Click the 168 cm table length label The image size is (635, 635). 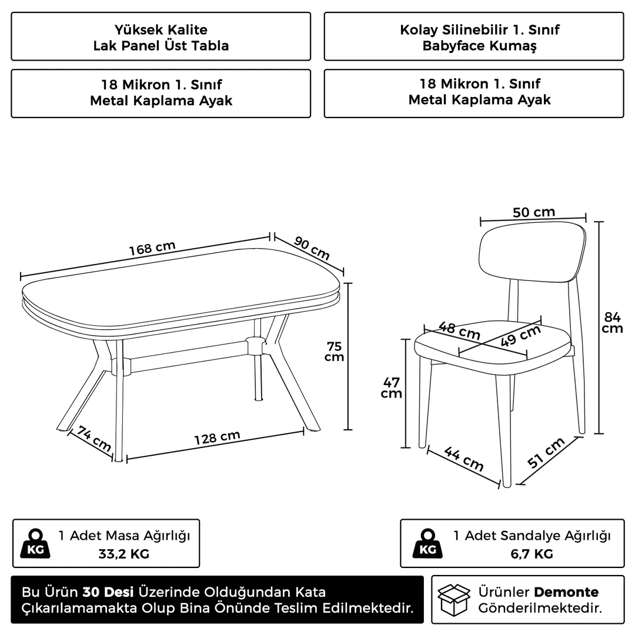[x=152, y=248]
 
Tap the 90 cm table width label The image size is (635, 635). [x=312, y=248]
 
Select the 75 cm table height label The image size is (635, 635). [x=334, y=352]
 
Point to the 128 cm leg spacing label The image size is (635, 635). [x=217, y=437]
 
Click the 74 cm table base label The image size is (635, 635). [x=94, y=439]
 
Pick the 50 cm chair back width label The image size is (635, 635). [x=534, y=212]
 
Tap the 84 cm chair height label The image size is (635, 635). [x=612, y=322]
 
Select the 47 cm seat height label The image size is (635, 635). [x=391, y=387]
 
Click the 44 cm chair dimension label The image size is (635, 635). [x=464, y=459]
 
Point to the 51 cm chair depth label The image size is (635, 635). [x=546, y=452]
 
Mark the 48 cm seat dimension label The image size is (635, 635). [x=459, y=330]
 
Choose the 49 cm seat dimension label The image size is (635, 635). [x=521, y=336]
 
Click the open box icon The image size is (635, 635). [x=454, y=600]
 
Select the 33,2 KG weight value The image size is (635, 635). [x=124, y=554]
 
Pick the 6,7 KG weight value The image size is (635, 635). [x=532, y=554]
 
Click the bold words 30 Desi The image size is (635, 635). [x=108, y=592]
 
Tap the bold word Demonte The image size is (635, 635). [x=567, y=592]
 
